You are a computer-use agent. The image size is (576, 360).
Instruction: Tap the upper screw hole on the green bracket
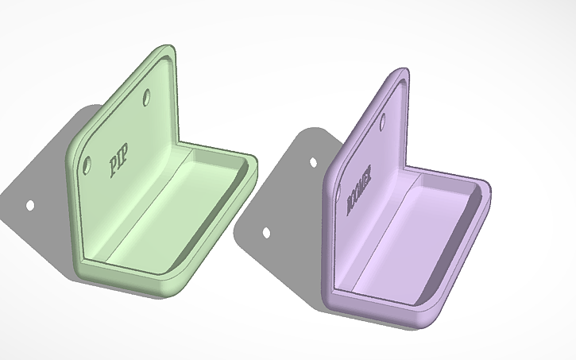click(148, 98)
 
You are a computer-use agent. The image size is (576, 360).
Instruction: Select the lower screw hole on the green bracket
click(87, 165)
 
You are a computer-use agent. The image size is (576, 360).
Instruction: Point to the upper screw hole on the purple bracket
click(383, 122)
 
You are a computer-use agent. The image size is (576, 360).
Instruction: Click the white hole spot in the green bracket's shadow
click(30, 205)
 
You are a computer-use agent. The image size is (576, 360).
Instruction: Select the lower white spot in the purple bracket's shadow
click(266, 234)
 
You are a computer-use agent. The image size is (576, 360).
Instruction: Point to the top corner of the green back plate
click(168, 48)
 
